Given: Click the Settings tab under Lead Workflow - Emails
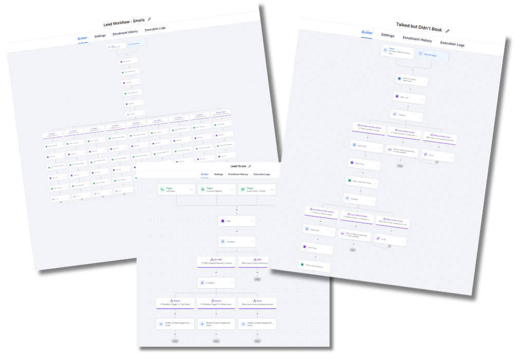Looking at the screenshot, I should point(100,36).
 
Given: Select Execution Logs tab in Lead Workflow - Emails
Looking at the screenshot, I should point(155,29).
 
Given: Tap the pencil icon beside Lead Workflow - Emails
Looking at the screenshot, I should point(150,19).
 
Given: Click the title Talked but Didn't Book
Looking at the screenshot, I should point(419,27).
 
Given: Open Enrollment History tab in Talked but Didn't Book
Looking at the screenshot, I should point(417,40).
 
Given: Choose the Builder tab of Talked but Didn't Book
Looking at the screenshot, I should point(367,32).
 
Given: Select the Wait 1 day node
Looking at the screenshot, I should point(409,98).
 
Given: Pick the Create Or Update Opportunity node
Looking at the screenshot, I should point(411,80).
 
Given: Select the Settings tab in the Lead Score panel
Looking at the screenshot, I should point(218,174).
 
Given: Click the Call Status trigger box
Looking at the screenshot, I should point(175,189).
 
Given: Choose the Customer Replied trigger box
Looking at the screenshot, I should point(216,189).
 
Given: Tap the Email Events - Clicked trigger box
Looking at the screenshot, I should point(256,189).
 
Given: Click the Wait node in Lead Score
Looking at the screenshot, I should point(236,221).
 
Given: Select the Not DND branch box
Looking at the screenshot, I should point(216,261).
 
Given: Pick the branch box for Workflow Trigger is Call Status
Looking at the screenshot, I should point(175,303).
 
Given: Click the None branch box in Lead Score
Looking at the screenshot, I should point(256,303).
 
